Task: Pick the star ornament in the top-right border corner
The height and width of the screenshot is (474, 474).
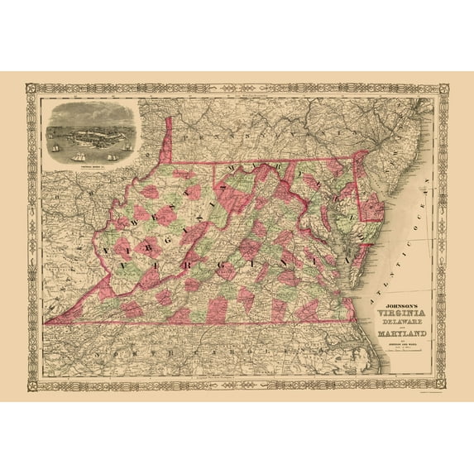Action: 443,86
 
